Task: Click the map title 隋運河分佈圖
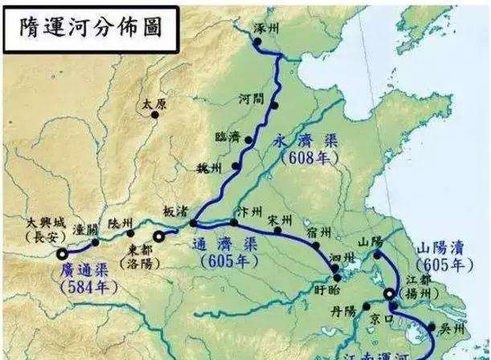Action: click(88, 27)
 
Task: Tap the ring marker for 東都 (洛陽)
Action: click(159, 235)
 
